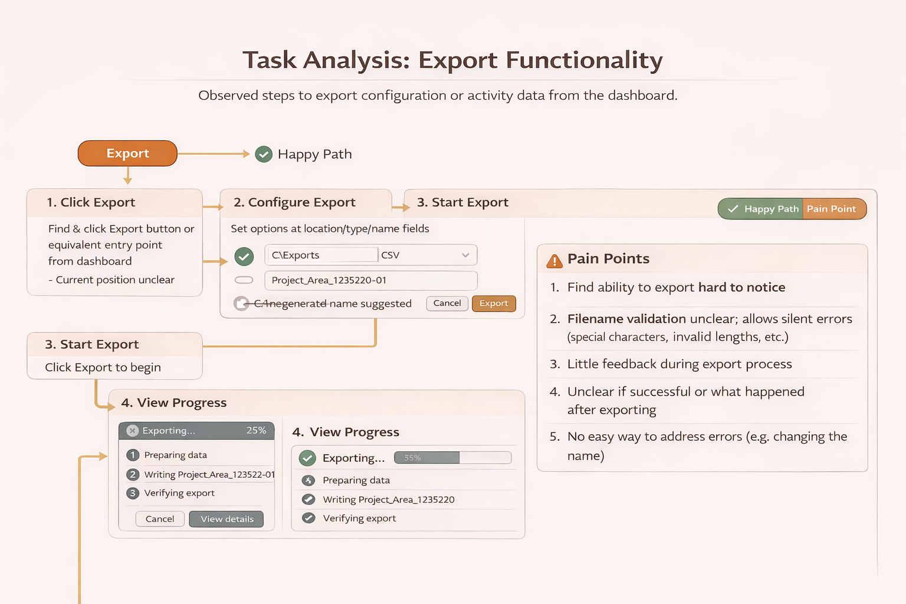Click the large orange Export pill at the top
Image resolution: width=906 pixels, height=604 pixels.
coord(127,153)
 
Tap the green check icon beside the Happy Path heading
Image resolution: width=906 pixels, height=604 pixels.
coord(264,155)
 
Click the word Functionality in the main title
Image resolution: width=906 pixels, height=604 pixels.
coord(584,60)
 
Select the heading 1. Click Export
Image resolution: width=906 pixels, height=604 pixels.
coord(91,202)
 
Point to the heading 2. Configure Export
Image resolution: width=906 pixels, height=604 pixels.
coord(294,202)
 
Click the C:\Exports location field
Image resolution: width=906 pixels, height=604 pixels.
coord(321,255)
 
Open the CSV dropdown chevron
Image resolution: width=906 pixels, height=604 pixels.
coord(465,255)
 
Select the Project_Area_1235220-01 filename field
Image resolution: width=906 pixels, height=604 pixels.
coord(370,280)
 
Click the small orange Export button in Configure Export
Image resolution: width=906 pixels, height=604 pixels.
coord(494,303)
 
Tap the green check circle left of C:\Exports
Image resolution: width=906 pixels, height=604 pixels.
coord(244,256)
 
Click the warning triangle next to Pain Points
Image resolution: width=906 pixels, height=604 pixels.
coord(554,260)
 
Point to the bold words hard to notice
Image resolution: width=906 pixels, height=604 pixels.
coord(741,287)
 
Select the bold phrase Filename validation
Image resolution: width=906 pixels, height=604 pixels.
coord(626,319)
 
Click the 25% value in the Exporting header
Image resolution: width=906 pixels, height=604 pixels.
coord(256,431)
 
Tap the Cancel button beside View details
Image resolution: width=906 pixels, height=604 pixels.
coord(160,519)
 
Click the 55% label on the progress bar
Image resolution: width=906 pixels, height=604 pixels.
coord(412,458)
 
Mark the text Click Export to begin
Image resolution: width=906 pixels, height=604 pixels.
coord(103,367)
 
